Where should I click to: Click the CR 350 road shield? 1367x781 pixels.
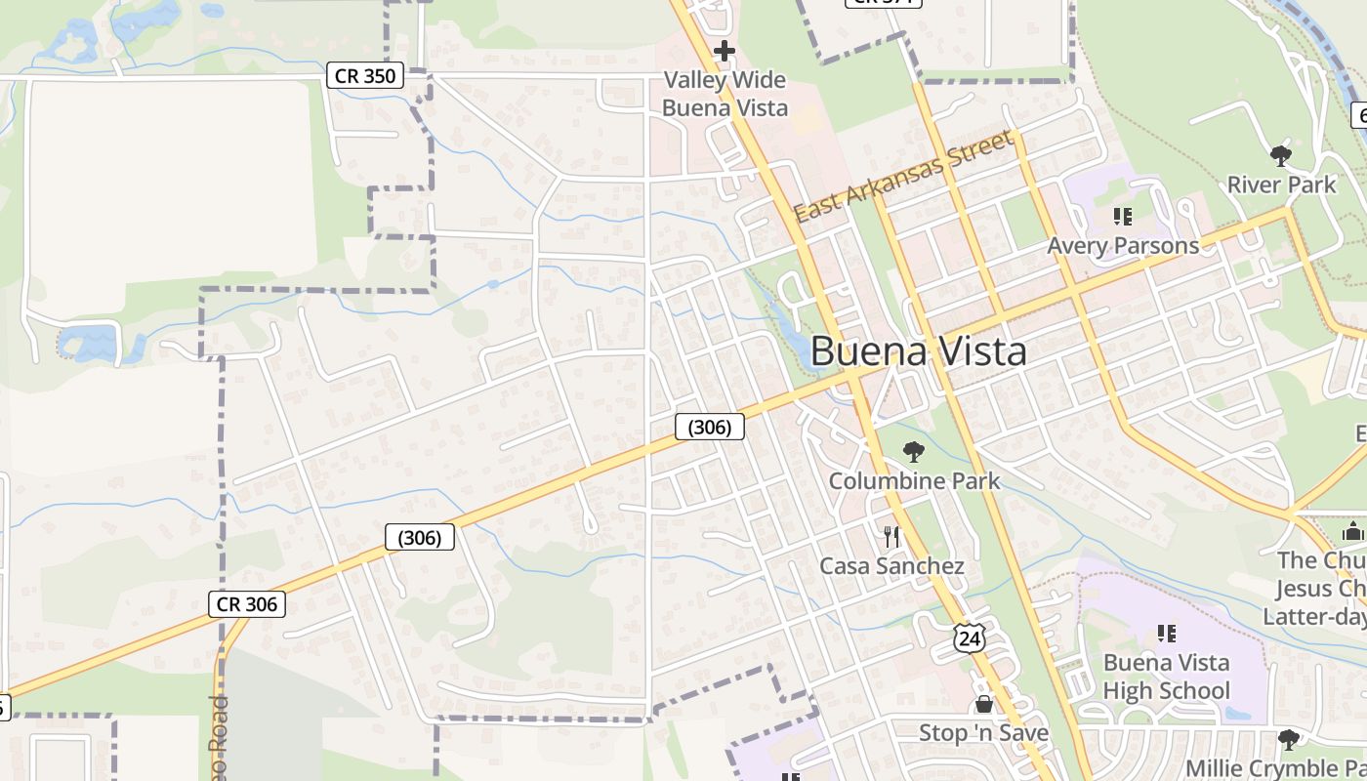point(365,75)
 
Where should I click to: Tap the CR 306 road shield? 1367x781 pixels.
point(247,604)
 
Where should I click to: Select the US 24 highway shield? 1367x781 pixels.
point(970,638)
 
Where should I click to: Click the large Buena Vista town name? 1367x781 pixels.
point(918,351)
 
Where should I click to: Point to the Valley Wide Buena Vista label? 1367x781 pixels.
point(725,94)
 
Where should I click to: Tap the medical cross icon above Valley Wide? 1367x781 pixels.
point(724,51)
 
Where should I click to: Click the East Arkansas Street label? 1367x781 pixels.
point(903,177)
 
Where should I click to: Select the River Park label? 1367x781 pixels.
point(1281,185)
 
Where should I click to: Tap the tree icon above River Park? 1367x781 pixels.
point(1280,155)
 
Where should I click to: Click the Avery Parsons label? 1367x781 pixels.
point(1123,245)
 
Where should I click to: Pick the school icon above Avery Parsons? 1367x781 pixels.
point(1122,216)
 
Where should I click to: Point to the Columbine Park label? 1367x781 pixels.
point(914,480)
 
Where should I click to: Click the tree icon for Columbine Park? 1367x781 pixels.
point(913,451)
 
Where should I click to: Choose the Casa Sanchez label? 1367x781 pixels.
point(891,566)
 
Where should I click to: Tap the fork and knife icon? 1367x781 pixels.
point(891,536)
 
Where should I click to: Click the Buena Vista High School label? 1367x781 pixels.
point(1166,677)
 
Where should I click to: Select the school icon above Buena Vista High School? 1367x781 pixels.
point(1166,634)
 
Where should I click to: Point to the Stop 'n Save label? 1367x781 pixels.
point(983,732)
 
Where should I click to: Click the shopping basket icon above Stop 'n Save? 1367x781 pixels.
point(983,704)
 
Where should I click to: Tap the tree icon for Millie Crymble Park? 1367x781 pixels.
point(1289,739)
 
